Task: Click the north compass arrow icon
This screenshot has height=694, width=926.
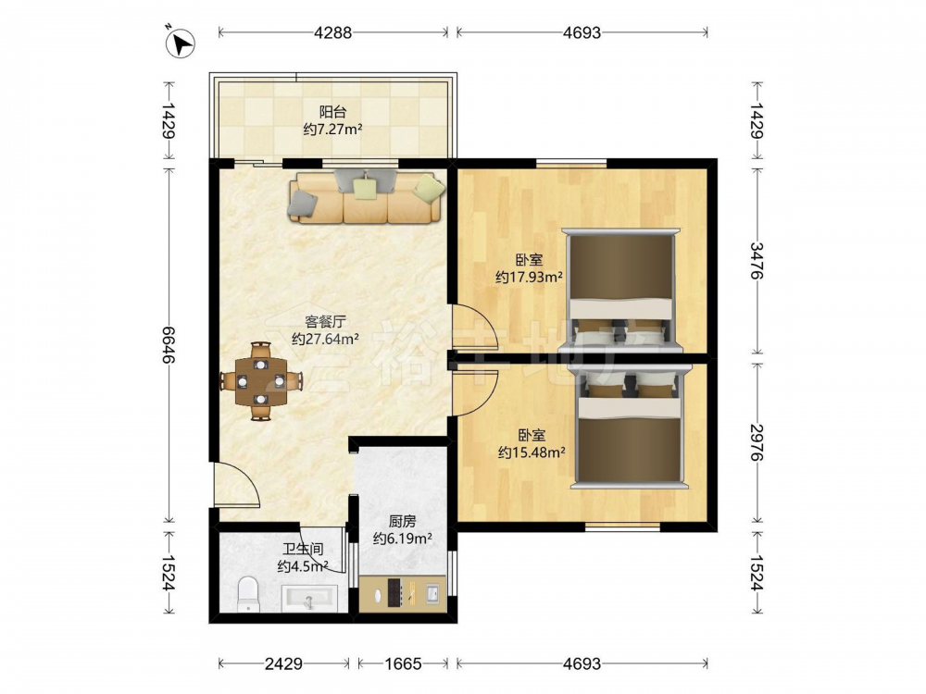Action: (181, 43)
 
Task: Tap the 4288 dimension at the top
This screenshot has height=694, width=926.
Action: (332, 32)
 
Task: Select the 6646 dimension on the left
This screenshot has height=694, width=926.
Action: (169, 345)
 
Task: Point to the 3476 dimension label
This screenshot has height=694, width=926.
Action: (757, 260)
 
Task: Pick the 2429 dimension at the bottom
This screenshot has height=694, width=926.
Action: (283, 663)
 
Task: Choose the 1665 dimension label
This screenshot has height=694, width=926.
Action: (404, 663)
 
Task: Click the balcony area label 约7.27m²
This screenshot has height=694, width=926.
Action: (332, 130)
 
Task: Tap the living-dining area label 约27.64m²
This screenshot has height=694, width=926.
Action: (325, 339)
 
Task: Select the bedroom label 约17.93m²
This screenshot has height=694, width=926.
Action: (529, 276)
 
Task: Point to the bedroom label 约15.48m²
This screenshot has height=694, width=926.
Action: (532, 452)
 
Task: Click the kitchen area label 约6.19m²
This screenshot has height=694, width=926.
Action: (402, 539)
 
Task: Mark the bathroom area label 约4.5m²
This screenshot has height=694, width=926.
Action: (303, 566)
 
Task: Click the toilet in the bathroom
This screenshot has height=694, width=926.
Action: (248, 594)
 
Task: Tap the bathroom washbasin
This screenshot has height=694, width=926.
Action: (309, 597)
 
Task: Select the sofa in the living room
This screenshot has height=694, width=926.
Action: (366, 197)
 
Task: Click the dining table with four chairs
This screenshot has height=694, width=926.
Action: (260, 380)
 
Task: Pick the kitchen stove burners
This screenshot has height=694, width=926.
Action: (394, 593)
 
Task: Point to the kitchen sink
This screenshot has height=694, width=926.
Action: (432, 592)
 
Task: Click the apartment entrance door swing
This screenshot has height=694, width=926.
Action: (236, 484)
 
